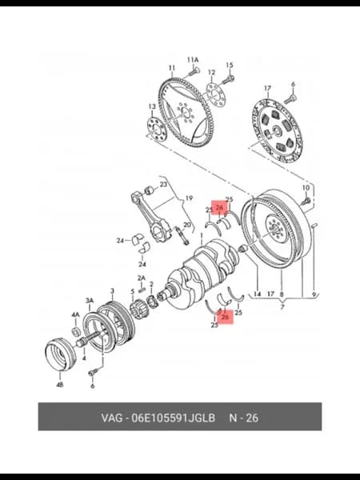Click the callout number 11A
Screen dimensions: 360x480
click(x=193, y=60)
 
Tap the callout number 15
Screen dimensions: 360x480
click(x=230, y=65)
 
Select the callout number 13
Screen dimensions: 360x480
click(x=152, y=106)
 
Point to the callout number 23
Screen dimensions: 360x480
click(x=163, y=185)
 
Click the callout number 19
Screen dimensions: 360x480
click(x=189, y=198)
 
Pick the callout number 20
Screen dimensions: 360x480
click(x=187, y=225)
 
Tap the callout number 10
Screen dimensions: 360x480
click(x=306, y=187)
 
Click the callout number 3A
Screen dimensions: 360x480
click(x=90, y=301)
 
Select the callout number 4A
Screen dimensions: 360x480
click(x=76, y=314)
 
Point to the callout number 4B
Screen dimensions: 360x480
click(x=60, y=385)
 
